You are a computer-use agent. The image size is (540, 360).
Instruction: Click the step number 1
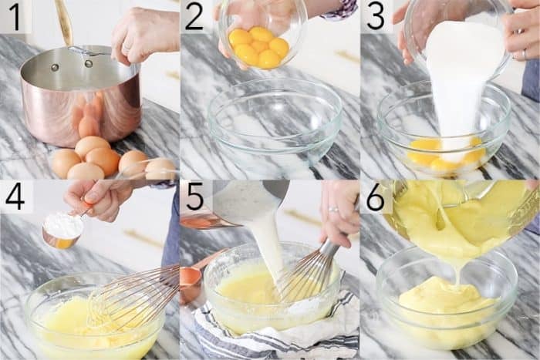point(15,16)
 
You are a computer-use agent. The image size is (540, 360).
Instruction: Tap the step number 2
point(194,16)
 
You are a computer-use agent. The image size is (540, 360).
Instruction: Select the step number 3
point(376,16)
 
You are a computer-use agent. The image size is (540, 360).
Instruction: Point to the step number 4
point(15,197)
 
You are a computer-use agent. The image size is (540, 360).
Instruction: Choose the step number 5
point(194,197)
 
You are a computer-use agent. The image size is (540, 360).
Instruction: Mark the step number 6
point(376,197)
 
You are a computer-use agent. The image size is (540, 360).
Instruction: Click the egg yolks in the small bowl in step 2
point(258,46)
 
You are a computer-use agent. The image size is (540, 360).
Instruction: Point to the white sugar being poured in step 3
point(455,77)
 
